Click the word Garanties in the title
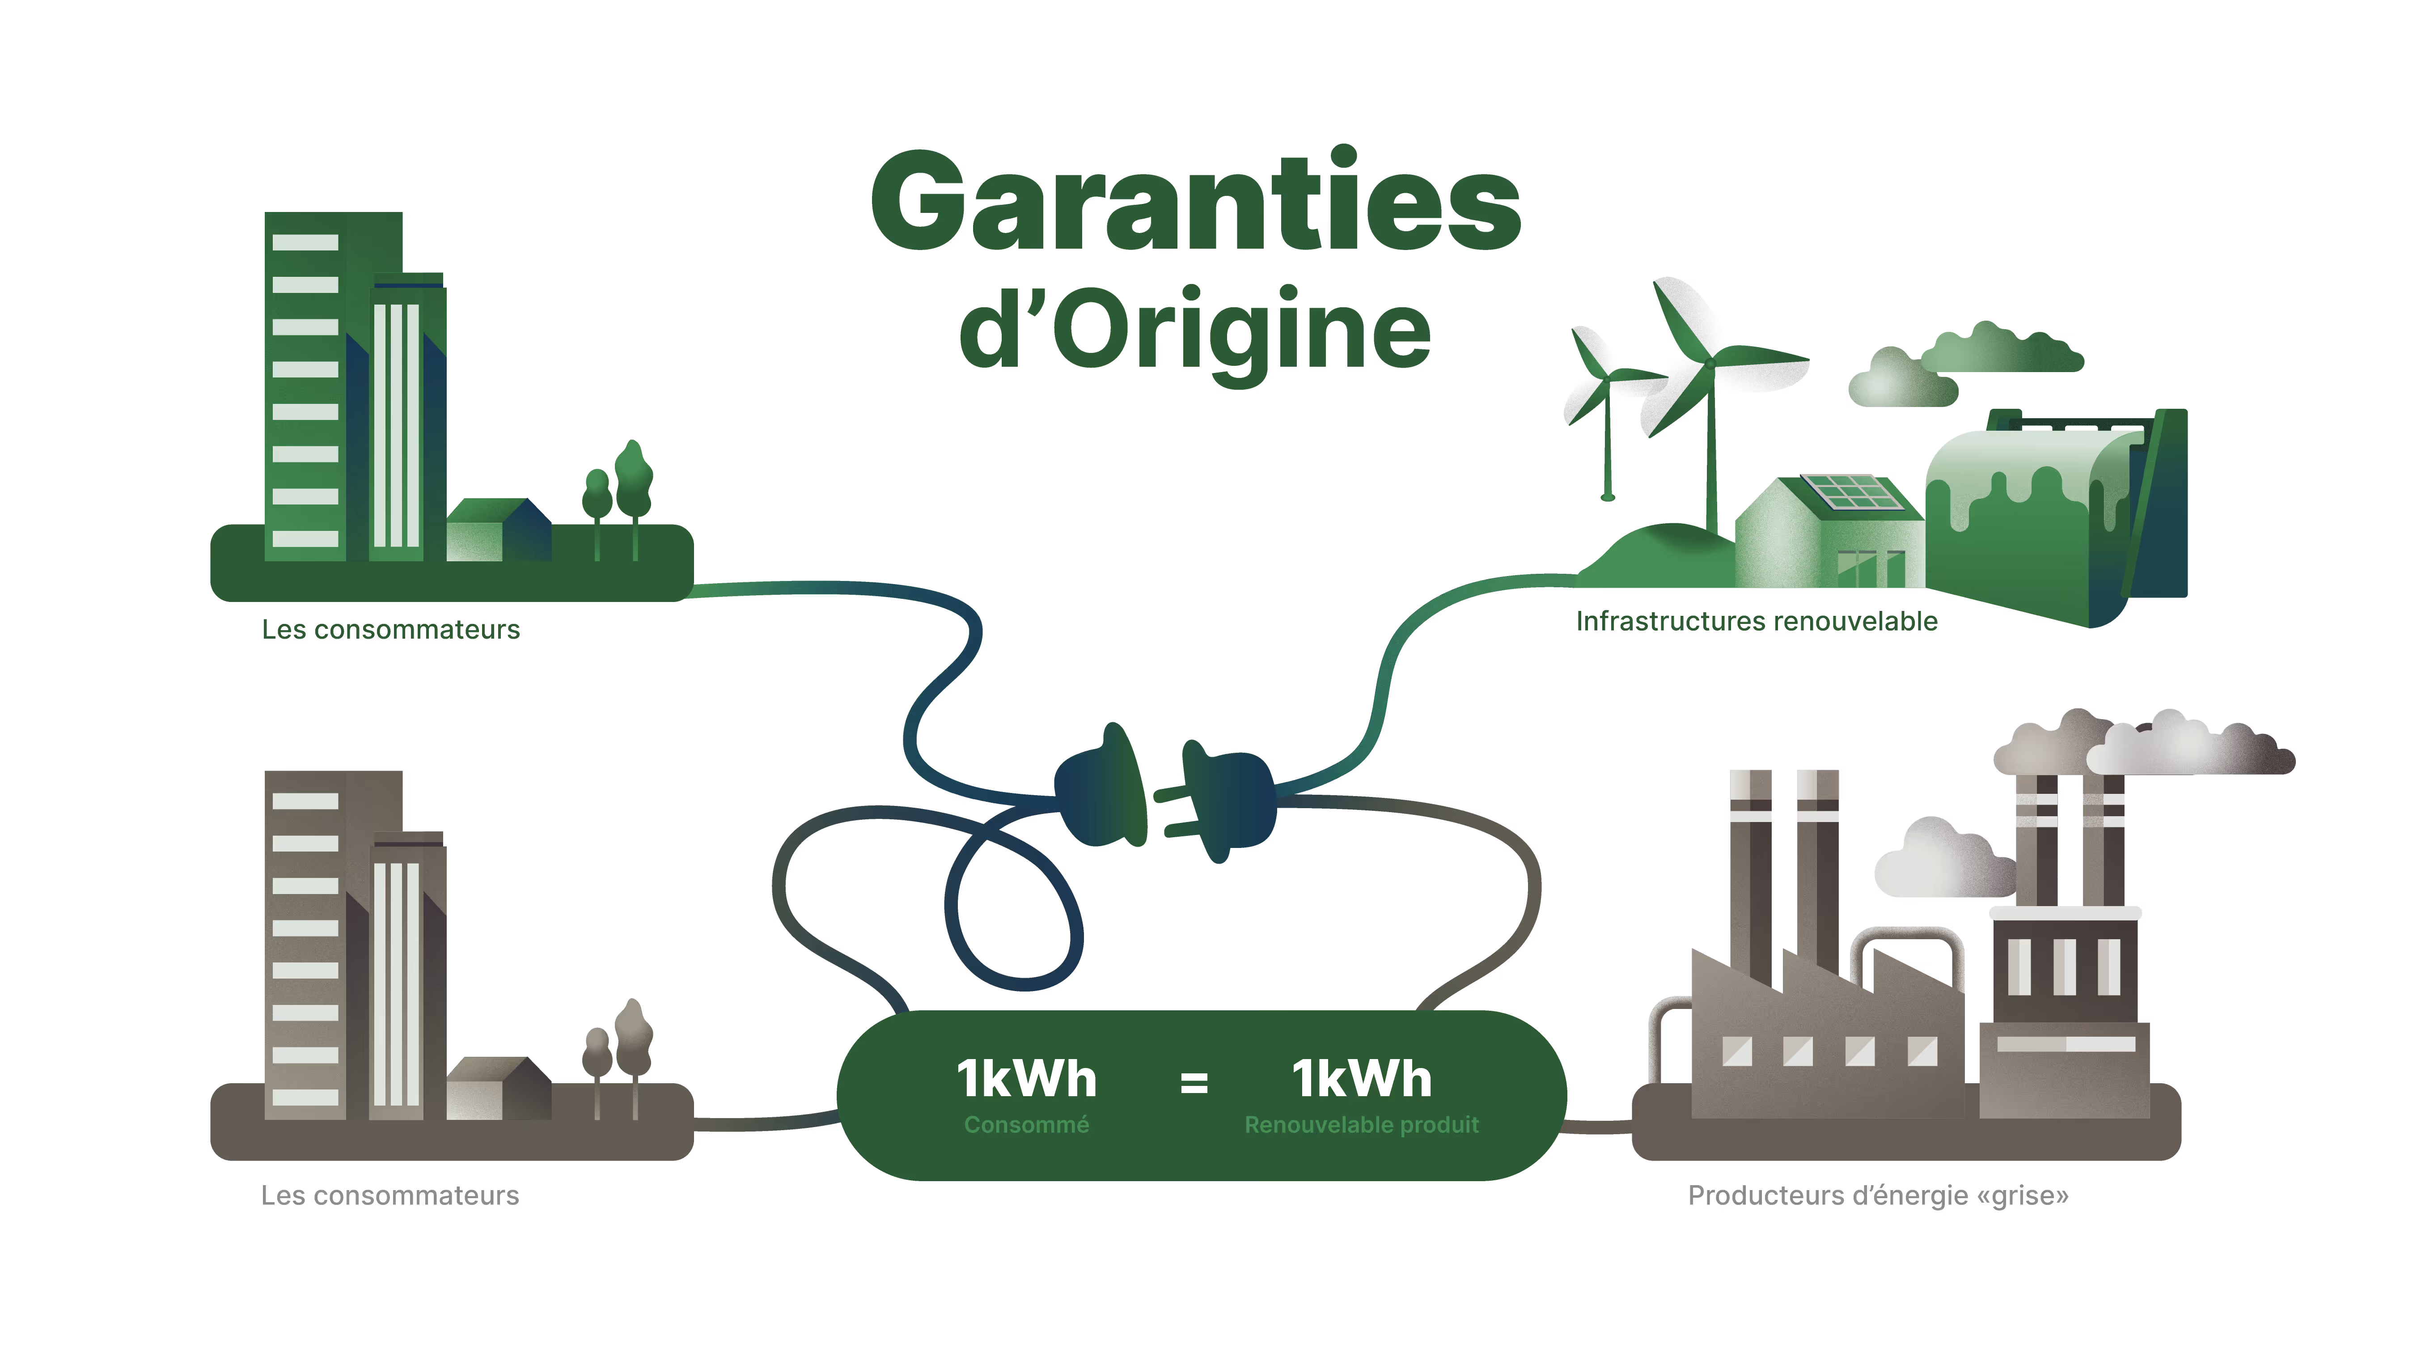tap(1195, 203)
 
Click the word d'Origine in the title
tap(1195, 331)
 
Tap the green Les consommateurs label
tap(390, 629)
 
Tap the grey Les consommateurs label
tap(389, 1195)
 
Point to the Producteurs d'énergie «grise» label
tap(1877, 1195)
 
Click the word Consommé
tap(1026, 1124)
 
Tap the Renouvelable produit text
tap(1362, 1124)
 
